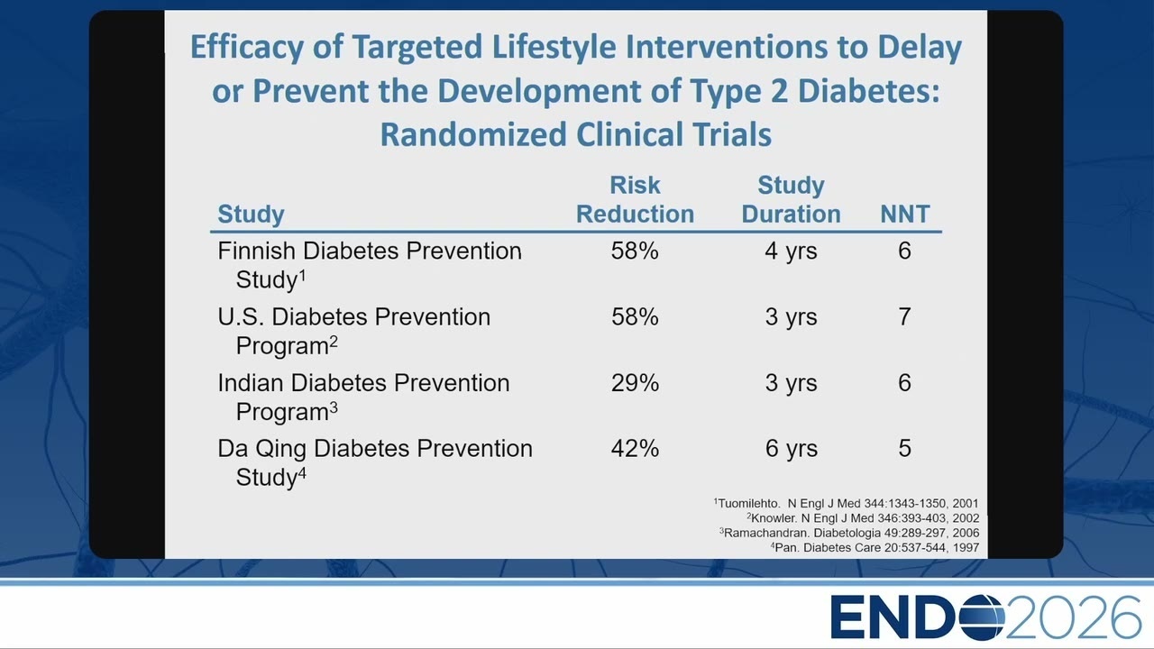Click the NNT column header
point(904,214)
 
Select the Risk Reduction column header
point(635,199)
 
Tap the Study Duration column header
point(791,199)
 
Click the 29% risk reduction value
point(635,383)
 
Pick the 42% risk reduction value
point(635,448)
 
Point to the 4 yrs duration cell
point(791,251)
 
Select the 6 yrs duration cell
point(791,449)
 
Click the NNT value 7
point(904,316)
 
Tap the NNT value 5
point(904,448)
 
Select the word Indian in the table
point(251,383)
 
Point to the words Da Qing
point(262,449)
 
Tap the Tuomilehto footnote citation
point(846,503)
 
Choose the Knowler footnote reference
point(863,518)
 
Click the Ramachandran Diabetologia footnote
point(849,533)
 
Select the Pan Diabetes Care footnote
point(875,547)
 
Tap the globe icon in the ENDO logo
point(982,617)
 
